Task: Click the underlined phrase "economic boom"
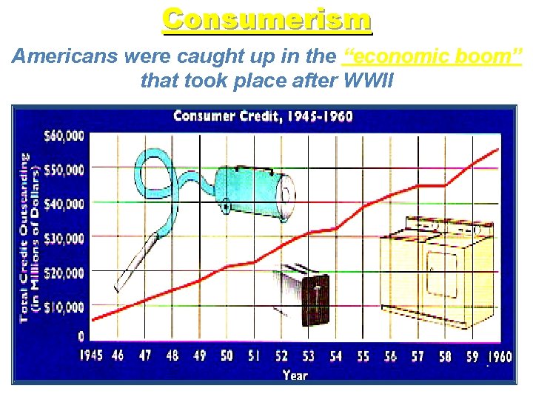coord(433,57)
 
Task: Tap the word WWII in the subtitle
coord(367,79)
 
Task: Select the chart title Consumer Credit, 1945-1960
coord(263,116)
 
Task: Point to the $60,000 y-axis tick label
coord(65,136)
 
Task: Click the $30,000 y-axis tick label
coord(65,238)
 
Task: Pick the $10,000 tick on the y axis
coord(65,307)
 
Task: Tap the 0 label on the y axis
coord(81,337)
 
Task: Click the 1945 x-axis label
coord(90,356)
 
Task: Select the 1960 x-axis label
coord(500,356)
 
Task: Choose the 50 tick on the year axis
coord(227,356)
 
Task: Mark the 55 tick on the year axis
coord(363,356)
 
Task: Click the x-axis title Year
coord(295,375)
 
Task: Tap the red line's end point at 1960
coord(498,150)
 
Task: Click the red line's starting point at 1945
coord(92,320)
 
